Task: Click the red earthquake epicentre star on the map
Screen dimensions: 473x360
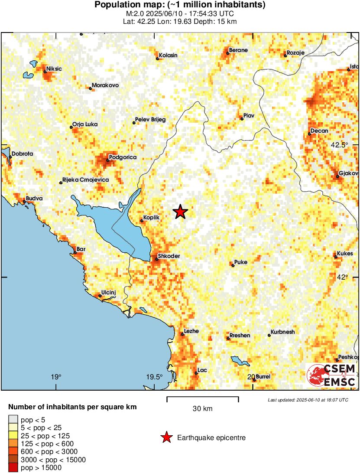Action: (180, 212)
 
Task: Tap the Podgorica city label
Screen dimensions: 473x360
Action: (123, 157)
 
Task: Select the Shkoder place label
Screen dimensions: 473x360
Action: (169, 256)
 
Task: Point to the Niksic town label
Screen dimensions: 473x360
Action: (54, 69)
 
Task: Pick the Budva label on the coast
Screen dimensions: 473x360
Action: (34, 199)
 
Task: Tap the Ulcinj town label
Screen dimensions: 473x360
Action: (108, 293)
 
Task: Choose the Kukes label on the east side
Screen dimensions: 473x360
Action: (345, 254)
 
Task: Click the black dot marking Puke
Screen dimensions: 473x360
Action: (233, 265)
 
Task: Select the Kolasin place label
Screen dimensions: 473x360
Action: (168, 55)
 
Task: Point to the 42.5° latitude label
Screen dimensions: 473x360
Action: (339, 145)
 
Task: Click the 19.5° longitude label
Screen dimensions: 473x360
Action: (154, 376)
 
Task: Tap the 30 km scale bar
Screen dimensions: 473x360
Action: (202, 397)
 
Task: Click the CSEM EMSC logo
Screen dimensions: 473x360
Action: (331, 375)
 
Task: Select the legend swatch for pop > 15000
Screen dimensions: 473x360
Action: (13, 467)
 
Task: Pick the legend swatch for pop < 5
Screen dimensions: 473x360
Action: (13, 419)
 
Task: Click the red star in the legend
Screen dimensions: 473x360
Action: (166, 438)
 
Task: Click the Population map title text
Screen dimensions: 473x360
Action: (180, 5)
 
